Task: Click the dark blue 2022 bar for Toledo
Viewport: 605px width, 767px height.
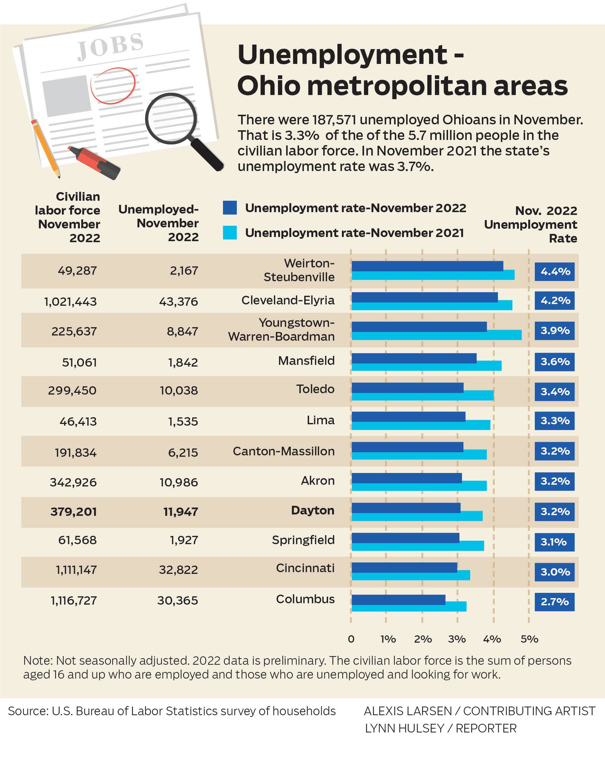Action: click(x=407, y=388)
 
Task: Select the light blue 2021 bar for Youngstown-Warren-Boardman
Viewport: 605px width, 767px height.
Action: click(x=436, y=335)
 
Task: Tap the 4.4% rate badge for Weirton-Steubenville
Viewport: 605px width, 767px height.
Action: click(x=554, y=271)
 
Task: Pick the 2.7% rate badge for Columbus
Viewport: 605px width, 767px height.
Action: click(x=554, y=602)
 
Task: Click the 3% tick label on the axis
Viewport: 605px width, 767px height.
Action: click(x=457, y=639)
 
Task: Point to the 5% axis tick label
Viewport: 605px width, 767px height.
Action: click(x=529, y=639)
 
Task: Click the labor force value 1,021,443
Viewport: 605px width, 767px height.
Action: click(x=70, y=302)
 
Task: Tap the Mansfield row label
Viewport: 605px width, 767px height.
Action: click(x=306, y=361)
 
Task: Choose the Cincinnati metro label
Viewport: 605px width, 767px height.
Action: click(x=305, y=568)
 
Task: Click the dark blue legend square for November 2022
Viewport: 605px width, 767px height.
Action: click(x=230, y=208)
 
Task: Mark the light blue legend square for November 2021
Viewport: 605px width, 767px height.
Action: click(x=230, y=233)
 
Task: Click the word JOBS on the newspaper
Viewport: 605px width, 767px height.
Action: click(x=110, y=46)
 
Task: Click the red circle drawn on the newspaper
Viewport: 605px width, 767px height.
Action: click(x=113, y=86)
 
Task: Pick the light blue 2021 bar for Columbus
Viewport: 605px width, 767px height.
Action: click(x=409, y=606)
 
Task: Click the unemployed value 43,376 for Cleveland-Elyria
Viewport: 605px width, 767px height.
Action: click(x=178, y=302)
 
